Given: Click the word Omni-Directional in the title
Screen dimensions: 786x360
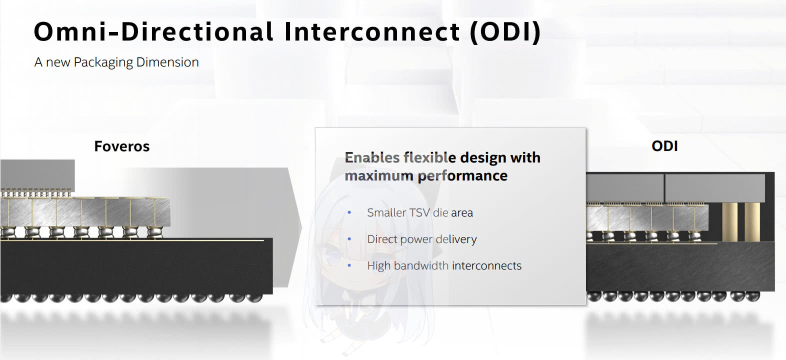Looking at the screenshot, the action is (153, 32).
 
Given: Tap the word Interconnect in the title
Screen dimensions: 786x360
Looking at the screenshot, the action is (372, 32).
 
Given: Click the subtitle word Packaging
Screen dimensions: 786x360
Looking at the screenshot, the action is (103, 63).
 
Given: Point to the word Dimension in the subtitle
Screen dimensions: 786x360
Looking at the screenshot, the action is (167, 62).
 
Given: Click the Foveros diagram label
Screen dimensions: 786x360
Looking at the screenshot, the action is (122, 146).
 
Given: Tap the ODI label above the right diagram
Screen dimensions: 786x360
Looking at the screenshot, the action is (664, 146).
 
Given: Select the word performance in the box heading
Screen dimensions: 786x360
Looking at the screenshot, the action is (462, 176).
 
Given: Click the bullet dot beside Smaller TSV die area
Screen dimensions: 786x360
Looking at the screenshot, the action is (349, 212).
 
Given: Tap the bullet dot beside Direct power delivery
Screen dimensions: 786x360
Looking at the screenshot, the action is (349, 239).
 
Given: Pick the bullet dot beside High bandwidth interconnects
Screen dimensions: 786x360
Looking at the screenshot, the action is (349, 265).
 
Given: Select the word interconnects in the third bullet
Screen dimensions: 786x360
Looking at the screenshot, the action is (486, 265).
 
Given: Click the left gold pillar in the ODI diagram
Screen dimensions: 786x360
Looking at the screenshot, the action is (730, 222).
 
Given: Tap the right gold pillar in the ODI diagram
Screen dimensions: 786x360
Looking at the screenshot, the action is (752, 222).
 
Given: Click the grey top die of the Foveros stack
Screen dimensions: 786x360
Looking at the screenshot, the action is (37, 174).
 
